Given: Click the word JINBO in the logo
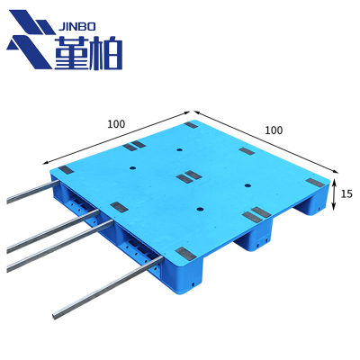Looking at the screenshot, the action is pos(76,27).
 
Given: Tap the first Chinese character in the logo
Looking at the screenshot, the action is pos(71,53).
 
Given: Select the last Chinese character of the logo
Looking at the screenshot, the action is pos(106,53).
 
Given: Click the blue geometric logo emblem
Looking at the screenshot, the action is pos(31,39).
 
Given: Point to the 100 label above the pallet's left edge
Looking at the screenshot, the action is pos(116,124).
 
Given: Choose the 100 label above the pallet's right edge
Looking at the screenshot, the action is pos(274,130).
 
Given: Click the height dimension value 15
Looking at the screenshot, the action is pos(346,193).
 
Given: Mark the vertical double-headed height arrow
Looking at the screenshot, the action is pos(334,194).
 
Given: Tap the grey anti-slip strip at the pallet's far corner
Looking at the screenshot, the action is pos(191,125).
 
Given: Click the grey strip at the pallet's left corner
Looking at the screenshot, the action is pos(67,170).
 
